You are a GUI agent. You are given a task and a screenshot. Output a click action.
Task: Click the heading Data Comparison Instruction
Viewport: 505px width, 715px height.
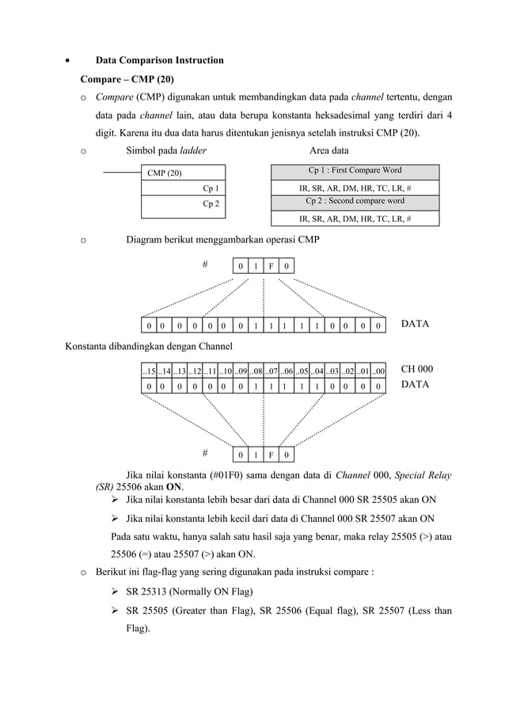tap(159, 60)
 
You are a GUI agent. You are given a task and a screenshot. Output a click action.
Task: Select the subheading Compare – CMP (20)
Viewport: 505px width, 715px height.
tap(127, 79)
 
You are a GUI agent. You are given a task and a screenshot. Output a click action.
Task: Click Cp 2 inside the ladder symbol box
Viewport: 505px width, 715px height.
tap(211, 203)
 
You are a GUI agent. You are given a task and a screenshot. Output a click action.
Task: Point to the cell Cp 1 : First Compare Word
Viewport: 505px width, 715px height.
tap(355, 170)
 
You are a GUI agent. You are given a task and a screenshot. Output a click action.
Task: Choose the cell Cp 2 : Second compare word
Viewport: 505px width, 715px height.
tap(355, 201)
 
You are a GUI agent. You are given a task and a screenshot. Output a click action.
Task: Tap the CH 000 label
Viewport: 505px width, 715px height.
tap(417, 369)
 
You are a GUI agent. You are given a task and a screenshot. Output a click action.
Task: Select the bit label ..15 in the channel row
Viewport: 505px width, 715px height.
tap(148, 371)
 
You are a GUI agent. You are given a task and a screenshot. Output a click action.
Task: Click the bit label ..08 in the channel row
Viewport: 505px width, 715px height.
tap(255, 371)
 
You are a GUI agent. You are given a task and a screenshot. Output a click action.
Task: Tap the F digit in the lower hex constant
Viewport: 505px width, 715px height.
tap(271, 455)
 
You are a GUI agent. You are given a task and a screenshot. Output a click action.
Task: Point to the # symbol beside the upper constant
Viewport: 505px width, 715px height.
tap(204, 264)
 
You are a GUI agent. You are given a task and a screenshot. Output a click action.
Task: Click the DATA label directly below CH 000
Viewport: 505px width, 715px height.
tap(416, 384)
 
